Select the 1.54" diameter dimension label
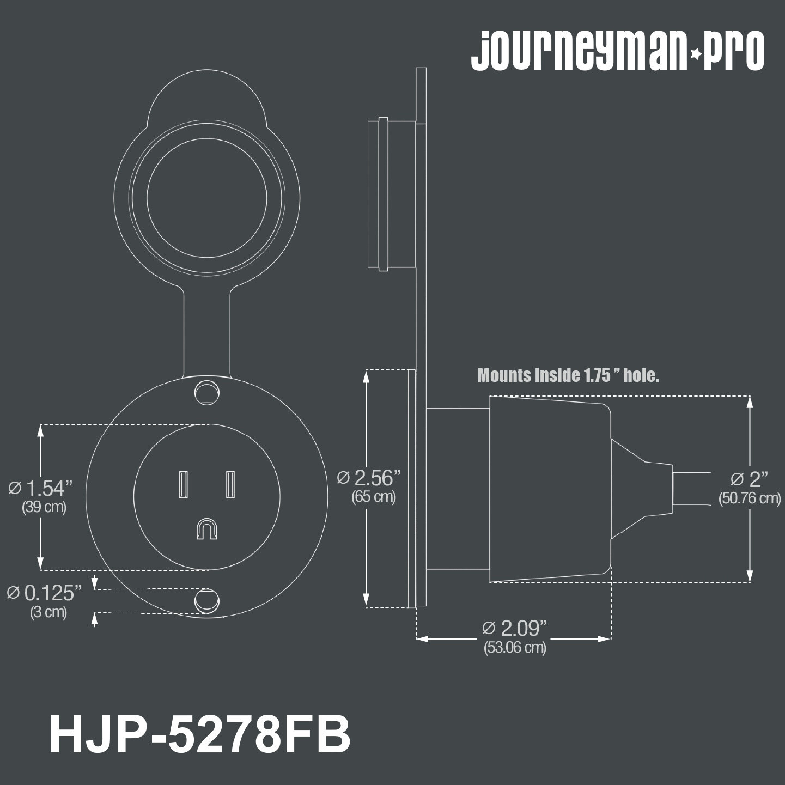[x=40, y=489]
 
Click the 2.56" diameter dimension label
[x=369, y=478]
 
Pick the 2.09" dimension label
[x=514, y=628]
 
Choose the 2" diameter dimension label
[x=749, y=479]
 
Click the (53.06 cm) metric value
[x=515, y=647]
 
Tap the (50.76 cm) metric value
[x=750, y=498]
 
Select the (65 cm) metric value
[x=374, y=497]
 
